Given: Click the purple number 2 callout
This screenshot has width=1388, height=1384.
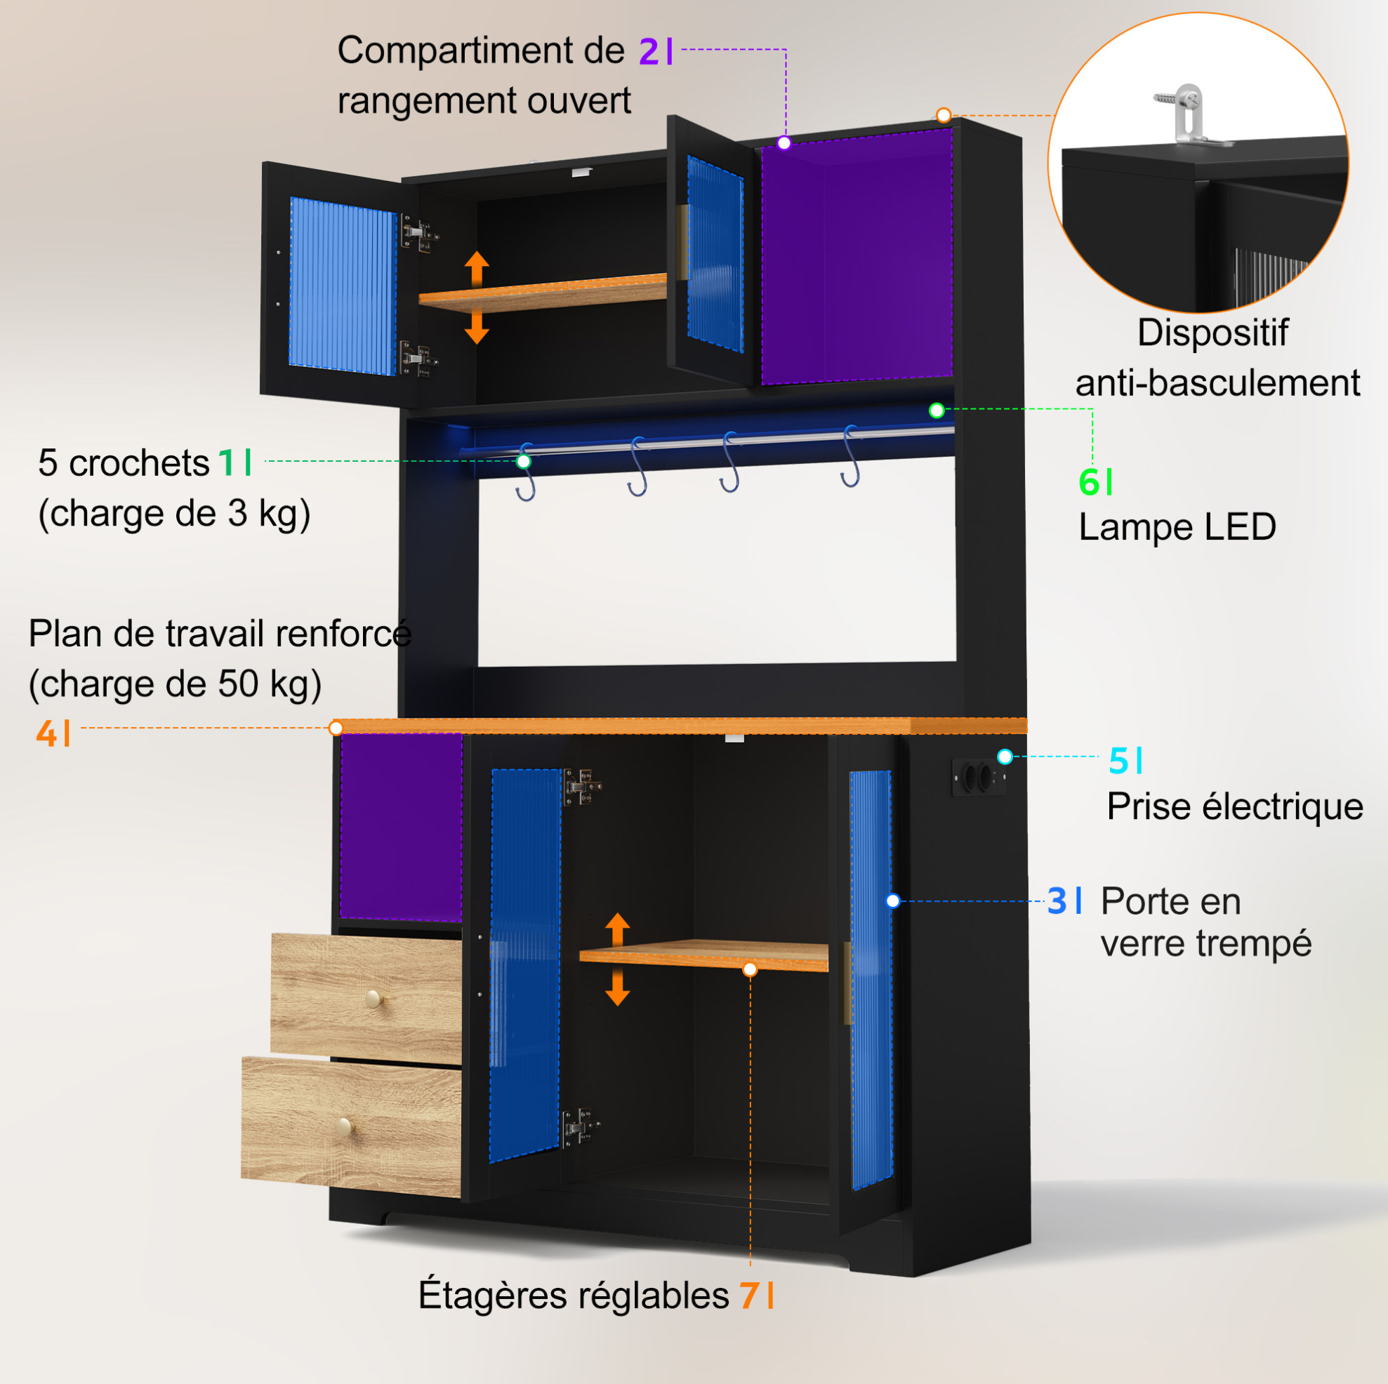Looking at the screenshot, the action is click(649, 52).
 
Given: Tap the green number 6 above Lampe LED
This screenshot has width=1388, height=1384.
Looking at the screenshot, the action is click(1089, 482).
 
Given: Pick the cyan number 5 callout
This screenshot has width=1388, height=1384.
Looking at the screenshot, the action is click(1118, 761).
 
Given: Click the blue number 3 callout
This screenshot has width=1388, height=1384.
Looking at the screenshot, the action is click(1057, 900).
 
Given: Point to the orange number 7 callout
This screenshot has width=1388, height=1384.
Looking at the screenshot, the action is click(749, 1296).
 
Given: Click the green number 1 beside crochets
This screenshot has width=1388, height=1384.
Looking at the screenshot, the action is click(227, 463).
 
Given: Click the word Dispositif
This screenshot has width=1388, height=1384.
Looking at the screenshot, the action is click(1212, 333).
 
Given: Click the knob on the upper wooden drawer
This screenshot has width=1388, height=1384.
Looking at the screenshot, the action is click(374, 998).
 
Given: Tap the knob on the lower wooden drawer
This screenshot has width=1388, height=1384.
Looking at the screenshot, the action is click(344, 1127).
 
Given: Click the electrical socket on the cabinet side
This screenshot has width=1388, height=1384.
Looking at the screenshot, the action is click(978, 777).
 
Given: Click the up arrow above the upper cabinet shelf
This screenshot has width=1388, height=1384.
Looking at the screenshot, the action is click(476, 270).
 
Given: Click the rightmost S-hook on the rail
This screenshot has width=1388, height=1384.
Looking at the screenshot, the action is click(851, 457).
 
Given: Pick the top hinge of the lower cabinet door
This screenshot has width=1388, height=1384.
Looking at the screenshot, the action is click(581, 787).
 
